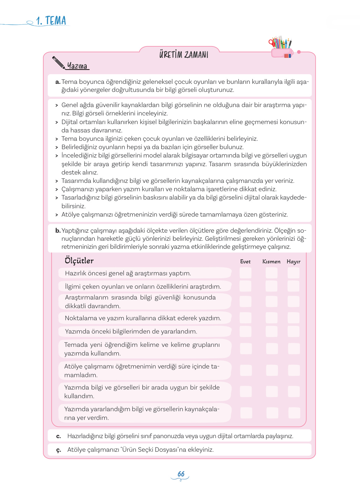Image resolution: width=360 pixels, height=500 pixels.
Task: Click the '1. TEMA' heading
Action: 51,21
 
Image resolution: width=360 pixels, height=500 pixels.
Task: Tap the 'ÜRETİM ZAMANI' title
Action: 184,55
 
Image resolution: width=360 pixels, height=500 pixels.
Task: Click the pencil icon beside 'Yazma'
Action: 59,63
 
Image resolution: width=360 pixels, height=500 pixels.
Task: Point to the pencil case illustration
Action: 281,48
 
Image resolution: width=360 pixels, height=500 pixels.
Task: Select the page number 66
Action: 181,474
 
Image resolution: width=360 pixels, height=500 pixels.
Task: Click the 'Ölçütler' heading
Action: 79,261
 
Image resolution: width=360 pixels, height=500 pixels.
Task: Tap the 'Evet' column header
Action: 245,262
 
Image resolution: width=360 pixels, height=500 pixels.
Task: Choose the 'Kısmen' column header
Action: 271,262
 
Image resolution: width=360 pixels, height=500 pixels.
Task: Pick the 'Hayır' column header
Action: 293,262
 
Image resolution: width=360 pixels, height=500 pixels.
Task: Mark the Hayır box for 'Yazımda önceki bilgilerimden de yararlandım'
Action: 293,331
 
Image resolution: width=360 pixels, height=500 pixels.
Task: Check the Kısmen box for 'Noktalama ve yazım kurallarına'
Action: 271,318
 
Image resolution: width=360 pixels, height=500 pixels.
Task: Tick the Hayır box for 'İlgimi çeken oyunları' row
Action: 293,286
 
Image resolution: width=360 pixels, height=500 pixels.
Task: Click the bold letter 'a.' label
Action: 58,82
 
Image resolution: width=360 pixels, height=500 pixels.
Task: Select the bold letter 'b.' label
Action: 58,231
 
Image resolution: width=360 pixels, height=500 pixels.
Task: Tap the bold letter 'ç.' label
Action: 59,450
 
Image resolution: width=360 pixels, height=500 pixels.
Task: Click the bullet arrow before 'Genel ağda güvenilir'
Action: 57,106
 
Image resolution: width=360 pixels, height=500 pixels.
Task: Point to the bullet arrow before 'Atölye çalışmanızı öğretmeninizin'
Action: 57,215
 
